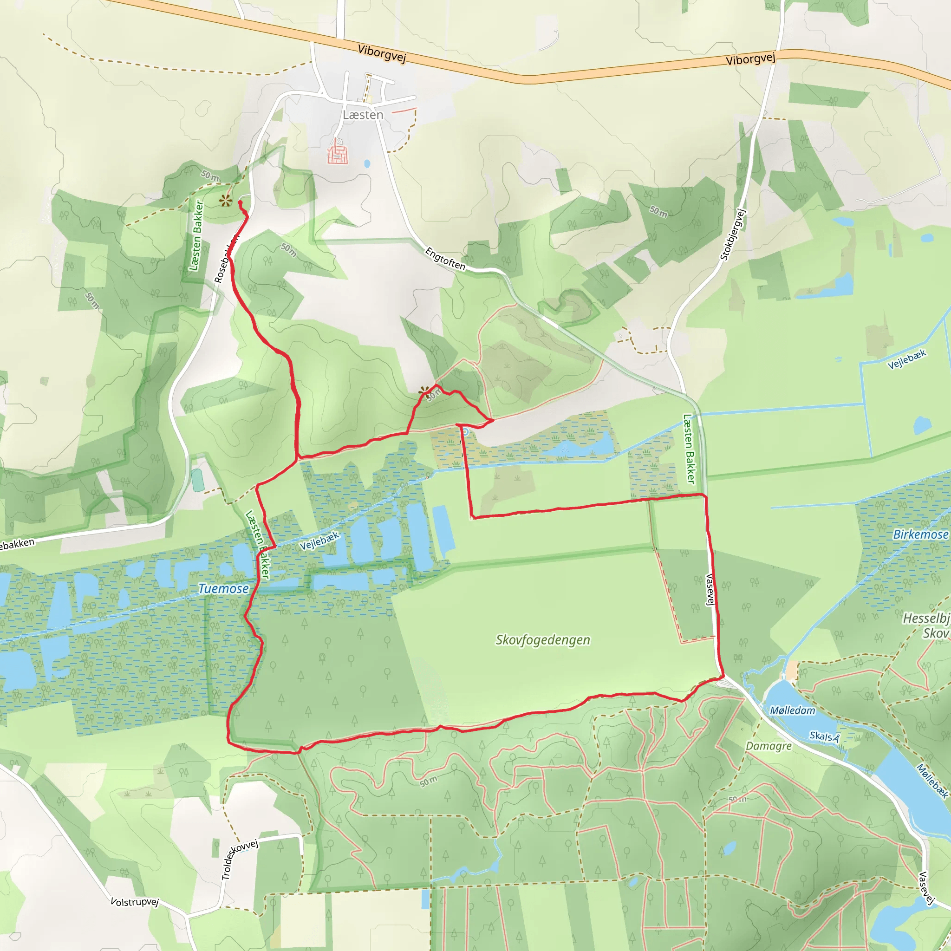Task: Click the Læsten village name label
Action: coord(363,115)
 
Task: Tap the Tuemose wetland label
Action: coord(223,588)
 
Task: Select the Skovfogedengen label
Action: coord(542,640)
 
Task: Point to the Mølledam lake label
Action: coord(793,710)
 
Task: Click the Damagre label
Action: coord(769,746)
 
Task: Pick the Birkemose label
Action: coord(920,534)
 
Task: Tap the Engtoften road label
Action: coord(445,259)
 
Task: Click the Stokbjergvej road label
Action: coord(733,234)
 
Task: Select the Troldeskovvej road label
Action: coord(239,860)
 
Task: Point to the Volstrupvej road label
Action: coord(134,902)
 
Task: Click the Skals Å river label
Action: coord(825,736)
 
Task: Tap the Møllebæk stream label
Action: coord(931,781)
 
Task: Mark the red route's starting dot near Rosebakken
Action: coord(240,202)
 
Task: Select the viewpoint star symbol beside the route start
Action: coord(225,200)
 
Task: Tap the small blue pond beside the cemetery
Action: coord(367,163)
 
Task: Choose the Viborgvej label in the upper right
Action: coord(750,59)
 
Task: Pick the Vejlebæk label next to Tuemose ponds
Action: coord(319,541)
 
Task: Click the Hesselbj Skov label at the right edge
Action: coord(926,625)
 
